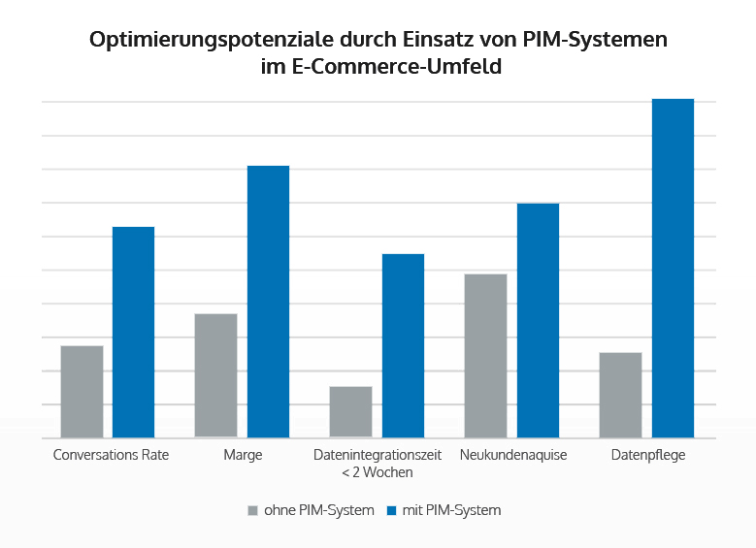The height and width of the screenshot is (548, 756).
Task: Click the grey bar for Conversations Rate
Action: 82,392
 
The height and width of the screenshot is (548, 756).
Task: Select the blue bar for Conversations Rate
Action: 134,332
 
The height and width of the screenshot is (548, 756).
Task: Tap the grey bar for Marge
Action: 215,375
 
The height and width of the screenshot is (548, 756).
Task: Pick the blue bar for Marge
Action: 268,302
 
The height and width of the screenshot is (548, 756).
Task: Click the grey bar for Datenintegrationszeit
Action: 350,412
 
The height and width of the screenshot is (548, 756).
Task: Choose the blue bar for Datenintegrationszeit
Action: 403,345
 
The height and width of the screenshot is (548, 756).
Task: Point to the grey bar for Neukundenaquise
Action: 485,356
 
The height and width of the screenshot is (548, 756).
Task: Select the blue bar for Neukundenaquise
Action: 538,320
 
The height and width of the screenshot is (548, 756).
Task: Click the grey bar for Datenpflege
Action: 620,395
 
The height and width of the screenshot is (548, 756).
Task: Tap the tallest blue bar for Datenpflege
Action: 673,268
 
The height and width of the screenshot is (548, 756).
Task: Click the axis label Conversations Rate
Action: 111,455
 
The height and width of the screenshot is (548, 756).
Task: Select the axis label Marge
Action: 243,455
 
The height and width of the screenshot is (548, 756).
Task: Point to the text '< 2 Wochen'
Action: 378,472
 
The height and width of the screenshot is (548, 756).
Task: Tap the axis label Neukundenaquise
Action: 513,455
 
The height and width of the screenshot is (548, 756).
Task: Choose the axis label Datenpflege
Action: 648,455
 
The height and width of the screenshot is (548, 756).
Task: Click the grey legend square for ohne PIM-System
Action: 253,510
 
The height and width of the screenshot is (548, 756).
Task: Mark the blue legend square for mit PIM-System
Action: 392,510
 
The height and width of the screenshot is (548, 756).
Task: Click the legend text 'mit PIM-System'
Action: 451,510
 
